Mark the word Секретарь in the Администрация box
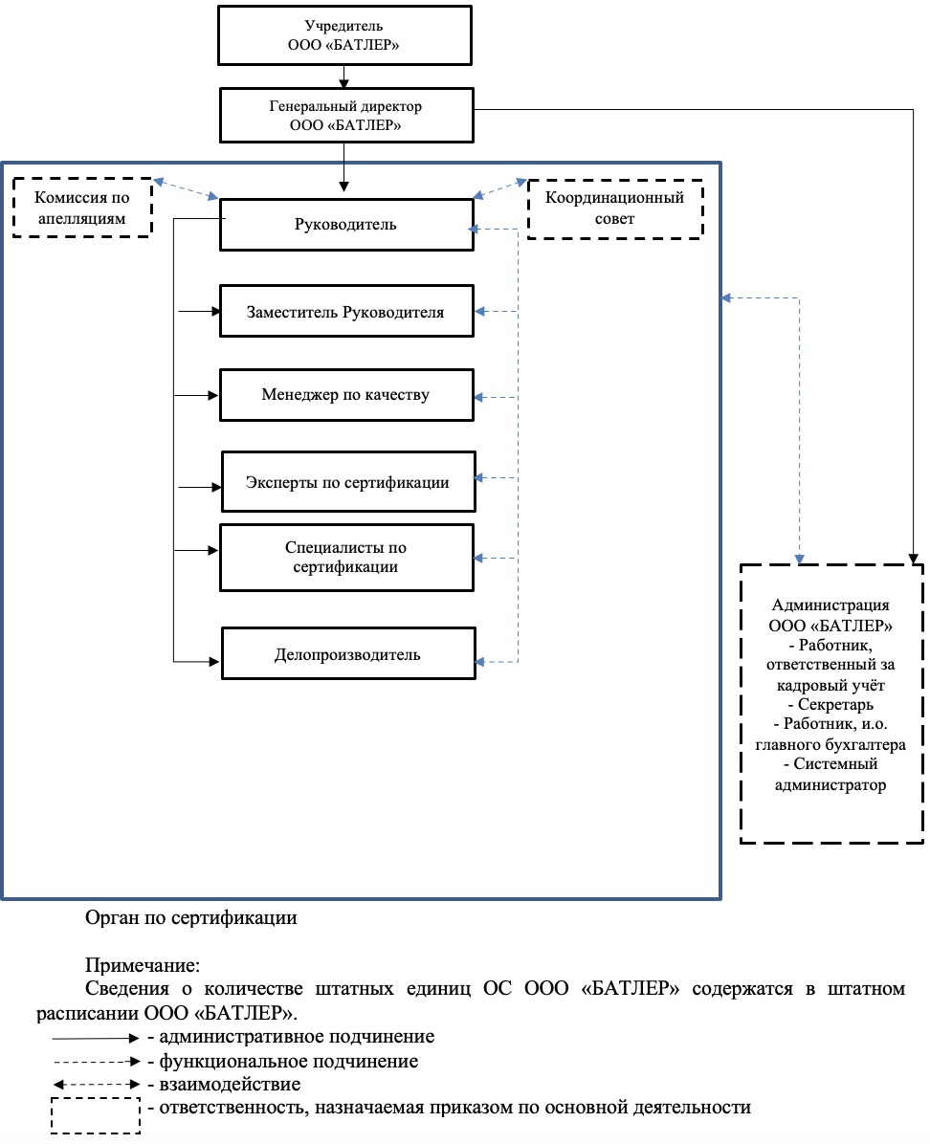tap(835, 705)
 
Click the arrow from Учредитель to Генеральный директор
tap(343, 77)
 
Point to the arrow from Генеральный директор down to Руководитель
tap(343, 167)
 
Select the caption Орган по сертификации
tap(191, 918)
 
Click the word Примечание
tap(143, 965)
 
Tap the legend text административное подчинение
tap(297, 1037)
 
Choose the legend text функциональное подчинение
tap(288, 1062)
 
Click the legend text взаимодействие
tap(230, 1085)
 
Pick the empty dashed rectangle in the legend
tap(96, 1098)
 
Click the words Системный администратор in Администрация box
tap(830, 775)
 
